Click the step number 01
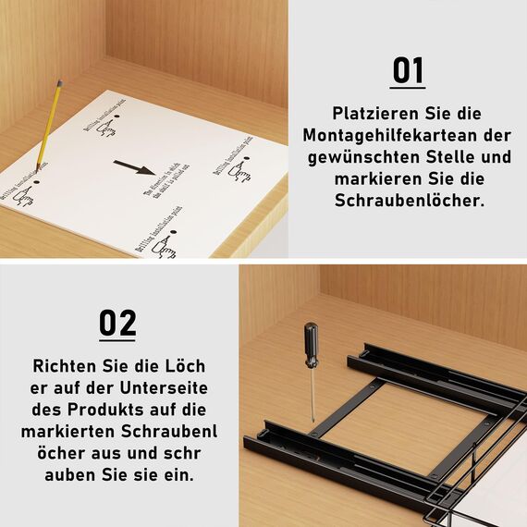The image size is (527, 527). coord(407,69)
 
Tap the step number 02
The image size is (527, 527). coord(117,324)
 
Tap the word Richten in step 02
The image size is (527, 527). coord(65,365)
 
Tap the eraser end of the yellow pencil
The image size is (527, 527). coord(60,84)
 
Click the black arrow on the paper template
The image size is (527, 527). coord(134,168)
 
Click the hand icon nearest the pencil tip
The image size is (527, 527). coord(24,196)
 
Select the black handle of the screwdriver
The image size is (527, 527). coord(311,344)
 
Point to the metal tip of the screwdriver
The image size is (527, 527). coord(313,416)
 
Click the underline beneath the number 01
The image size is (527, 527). coord(407,88)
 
